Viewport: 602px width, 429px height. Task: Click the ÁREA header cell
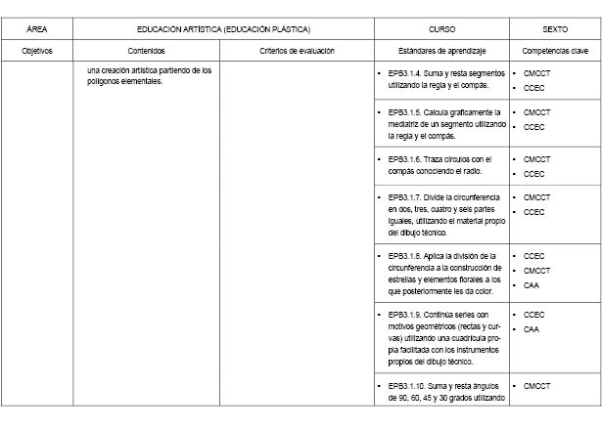click(36, 29)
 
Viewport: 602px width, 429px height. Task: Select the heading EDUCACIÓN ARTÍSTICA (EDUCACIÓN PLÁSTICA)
click(223, 29)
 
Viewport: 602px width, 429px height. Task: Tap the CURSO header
click(441, 29)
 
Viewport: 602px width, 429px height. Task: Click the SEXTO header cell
click(555, 29)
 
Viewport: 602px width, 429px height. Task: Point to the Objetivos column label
click(36, 49)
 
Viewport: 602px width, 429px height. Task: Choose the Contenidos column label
click(146, 49)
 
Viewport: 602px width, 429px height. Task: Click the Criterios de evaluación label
click(297, 49)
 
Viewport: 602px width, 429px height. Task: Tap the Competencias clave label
click(555, 49)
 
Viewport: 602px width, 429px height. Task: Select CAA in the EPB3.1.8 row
click(532, 285)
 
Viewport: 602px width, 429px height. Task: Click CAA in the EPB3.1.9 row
click(532, 329)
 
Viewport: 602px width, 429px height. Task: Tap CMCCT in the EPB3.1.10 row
click(536, 385)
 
